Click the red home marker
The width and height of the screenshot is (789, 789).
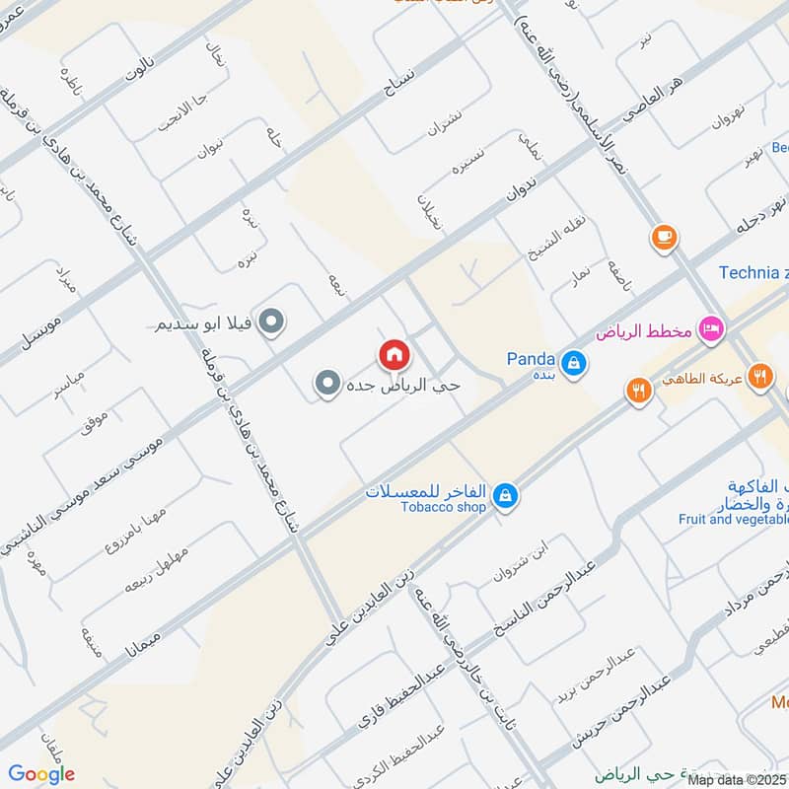pyautogui.click(x=394, y=354)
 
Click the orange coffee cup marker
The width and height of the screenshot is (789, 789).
pyautogui.click(x=663, y=238)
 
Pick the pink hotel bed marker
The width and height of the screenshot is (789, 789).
pyautogui.click(x=709, y=328)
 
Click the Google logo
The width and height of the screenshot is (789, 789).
pyautogui.click(x=40, y=774)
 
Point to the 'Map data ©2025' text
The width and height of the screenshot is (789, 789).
pyautogui.click(x=737, y=779)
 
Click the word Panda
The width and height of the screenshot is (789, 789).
pyautogui.click(x=531, y=358)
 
